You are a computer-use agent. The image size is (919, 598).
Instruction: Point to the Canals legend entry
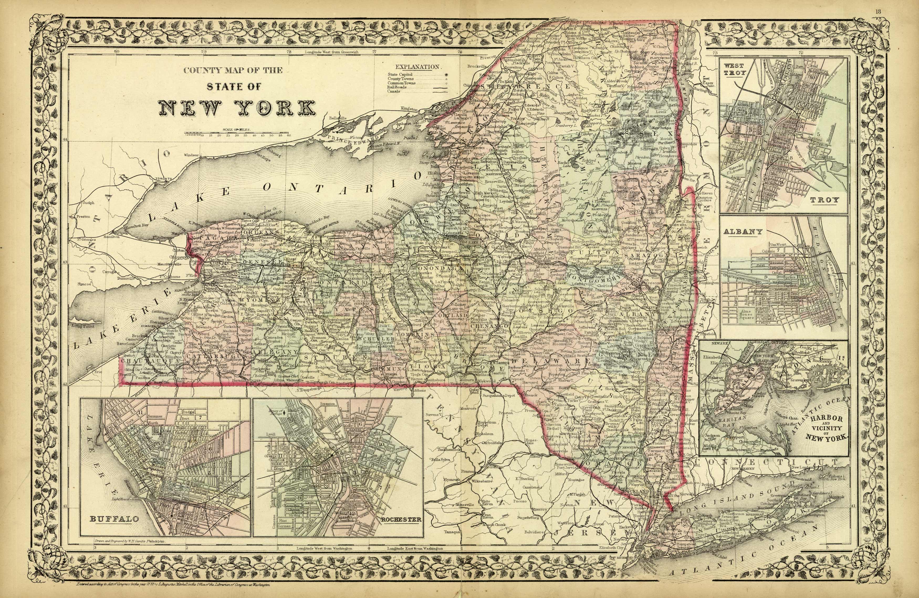pos(394,91)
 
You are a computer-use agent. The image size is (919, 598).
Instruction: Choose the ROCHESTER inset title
pos(401,519)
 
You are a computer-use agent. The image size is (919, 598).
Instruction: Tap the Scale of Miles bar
pos(238,135)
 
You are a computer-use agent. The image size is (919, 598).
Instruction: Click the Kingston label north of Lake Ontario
pos(409,109)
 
